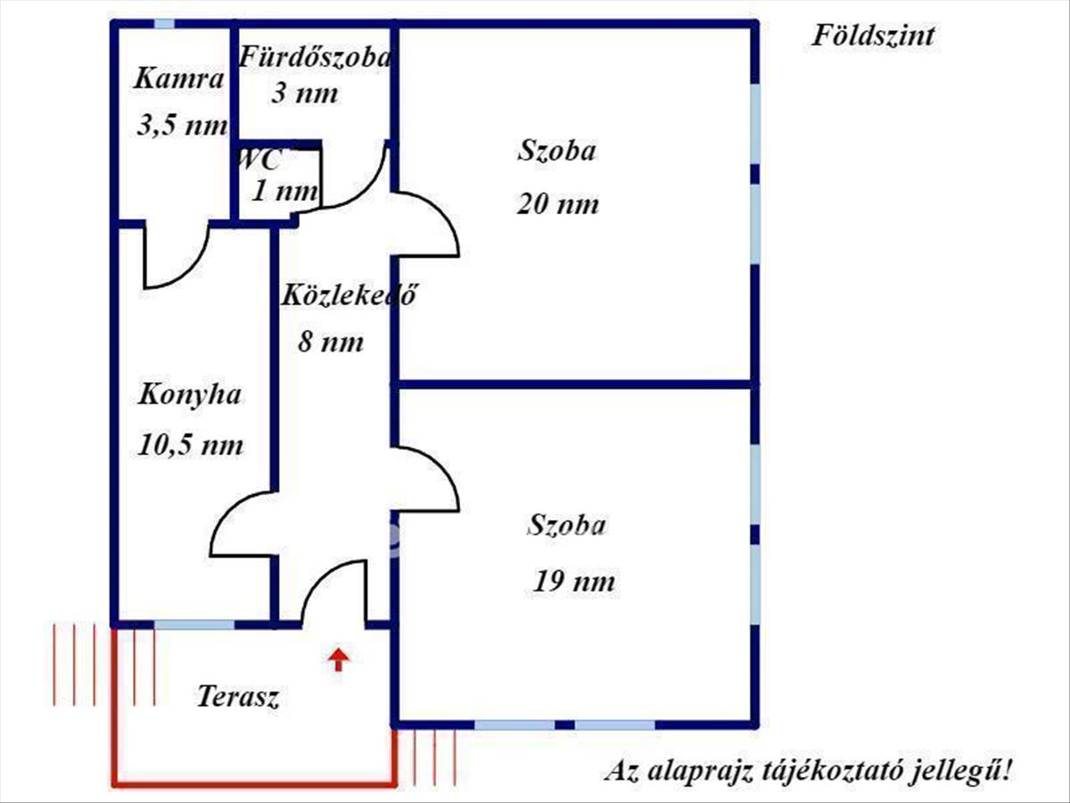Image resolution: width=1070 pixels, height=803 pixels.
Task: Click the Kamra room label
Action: pyautogui.click(x=179, y=79)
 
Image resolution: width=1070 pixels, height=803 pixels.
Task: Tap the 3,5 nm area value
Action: pyautogui.click(x=182, y=125)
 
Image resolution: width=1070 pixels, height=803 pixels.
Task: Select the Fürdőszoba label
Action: pyautogui.click(x=315, y=56)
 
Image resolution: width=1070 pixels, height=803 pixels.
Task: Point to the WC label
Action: pyautogui.click(x=259, y=160)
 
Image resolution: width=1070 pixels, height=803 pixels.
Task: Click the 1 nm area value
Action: pyautogui.click(x=285, y=191)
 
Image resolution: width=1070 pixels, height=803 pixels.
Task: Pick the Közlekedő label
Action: pyautogui.click(x=349, y=294)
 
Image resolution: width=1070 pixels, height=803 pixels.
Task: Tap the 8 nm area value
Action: pyautogui.click(x=331, y=342)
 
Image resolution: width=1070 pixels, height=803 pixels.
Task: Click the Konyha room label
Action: pyautogui.click(x=190, y=394)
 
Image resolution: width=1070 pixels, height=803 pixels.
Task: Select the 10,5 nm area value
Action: pyautogui.click(x=190, y=444)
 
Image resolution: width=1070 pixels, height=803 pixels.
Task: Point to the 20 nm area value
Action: pyautogui.click(x=557, y=203)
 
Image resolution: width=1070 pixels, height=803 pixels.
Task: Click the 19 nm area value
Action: pyautogui.click(x=573, y=581)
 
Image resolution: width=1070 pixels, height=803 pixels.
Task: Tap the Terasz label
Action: pyautogui.click(x=238, y=696)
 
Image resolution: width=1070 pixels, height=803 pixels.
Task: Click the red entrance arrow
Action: pyautogui.click(x=338, y=659)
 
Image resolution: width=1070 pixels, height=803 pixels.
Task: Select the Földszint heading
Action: pyautogui.click(x=873, y=36)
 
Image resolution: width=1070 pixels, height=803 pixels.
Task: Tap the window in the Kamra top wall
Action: pyautogui.click(x=164, y=23)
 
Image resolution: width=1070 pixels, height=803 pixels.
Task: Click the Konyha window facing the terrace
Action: pyautogui.click(x=194, y=625)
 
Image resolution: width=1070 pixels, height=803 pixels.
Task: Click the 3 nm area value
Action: pyautogui.click(x=305, y=93)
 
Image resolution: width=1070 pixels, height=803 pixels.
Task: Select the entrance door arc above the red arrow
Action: pyautogui.click(x=322, y=575)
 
